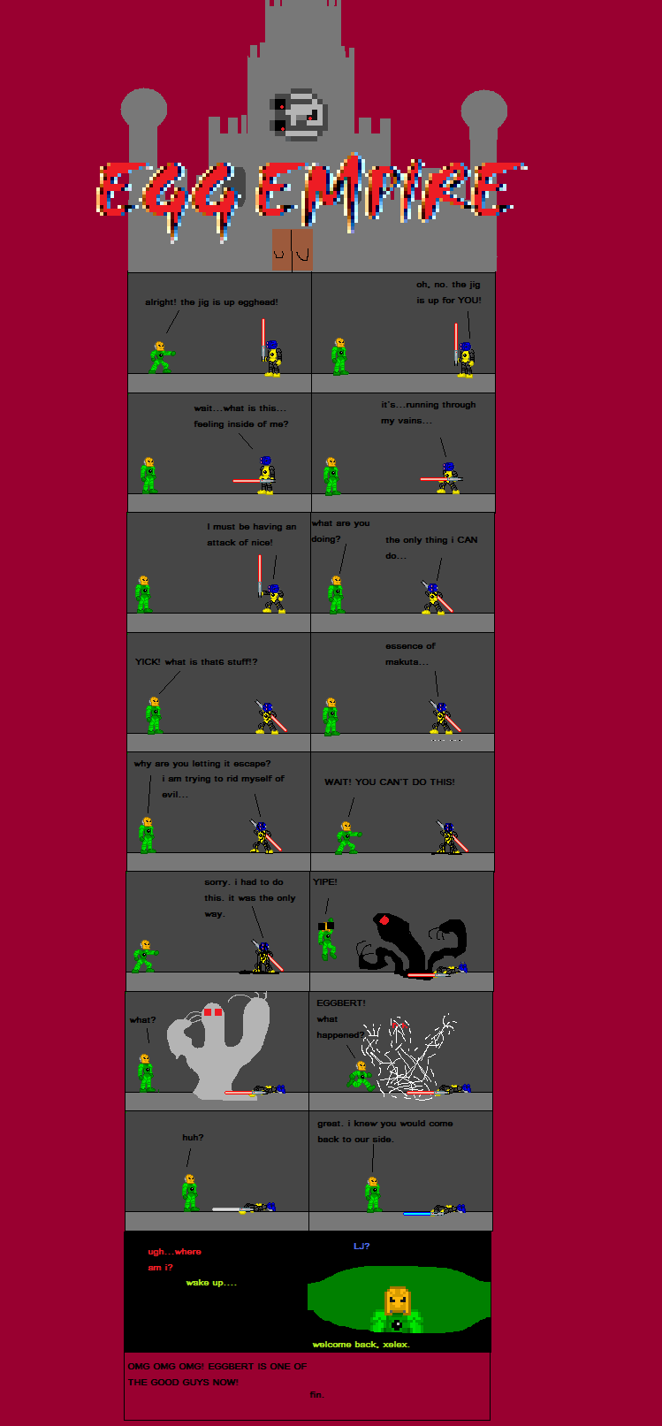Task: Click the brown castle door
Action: [293, 249]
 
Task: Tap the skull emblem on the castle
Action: [299, 114]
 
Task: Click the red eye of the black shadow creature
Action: [384, 920]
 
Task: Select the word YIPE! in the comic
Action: [325, 881]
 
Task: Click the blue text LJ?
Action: [361, 1246]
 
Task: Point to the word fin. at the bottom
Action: [317, 1394]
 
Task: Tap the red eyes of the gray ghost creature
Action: [213, 1011]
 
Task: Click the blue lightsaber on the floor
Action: [417, 1213]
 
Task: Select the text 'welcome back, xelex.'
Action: [361, 1344]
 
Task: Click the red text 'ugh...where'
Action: [174, 1252]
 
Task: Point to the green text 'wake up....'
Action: [211, 1282]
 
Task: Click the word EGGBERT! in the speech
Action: [341, 1003]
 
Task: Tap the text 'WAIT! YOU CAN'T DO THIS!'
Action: [390, 782]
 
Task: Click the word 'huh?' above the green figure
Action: [193, 1137]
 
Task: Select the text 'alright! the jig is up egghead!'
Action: [211, 301]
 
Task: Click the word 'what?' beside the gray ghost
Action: [142, 1019]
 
